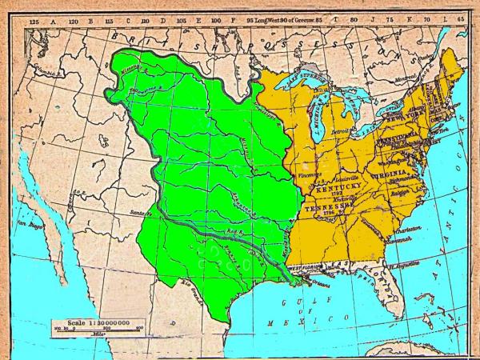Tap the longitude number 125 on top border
[34, 17]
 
